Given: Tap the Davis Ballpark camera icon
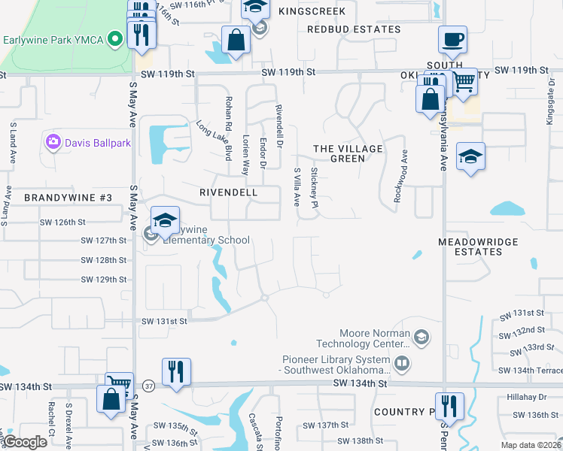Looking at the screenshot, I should [x=53, y=141].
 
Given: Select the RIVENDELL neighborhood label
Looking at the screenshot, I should [x=228, y=192].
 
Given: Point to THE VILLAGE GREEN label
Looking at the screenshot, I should [x=348, y=153].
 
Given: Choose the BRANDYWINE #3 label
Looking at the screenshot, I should [x=68, y=198].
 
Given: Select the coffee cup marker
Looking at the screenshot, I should [x=452, y=40].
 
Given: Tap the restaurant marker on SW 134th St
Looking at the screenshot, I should [x=176, y=371].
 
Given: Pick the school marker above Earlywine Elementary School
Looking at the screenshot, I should [x=165, y=220].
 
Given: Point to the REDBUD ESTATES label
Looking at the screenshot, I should [x=354, y=29].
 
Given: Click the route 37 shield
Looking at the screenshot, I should [x=148, y=385].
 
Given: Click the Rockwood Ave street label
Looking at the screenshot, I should [x=400, y=175].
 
